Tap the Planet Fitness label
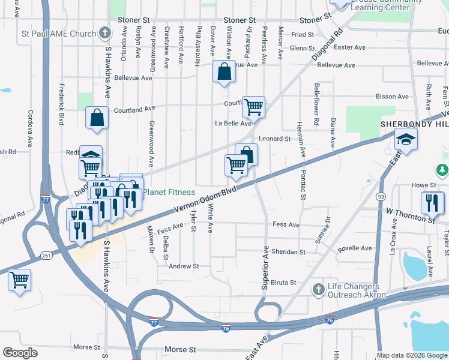tap(169, 193)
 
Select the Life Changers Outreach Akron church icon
tap(319, 290)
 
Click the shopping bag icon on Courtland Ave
tap(97, 118)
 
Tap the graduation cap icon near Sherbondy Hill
tap(406, 140)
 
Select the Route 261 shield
tap(46, 256)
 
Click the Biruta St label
tap(284, 283)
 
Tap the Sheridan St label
tap(289, 252)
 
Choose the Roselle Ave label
tap(355, 248)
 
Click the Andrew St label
tap(183, 266)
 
